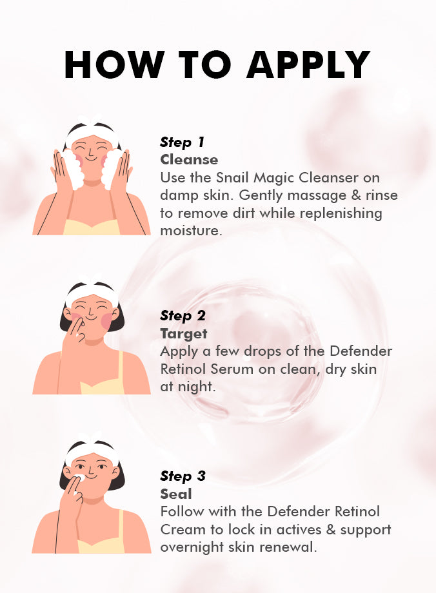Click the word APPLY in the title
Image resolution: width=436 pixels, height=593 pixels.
pyautogui.click(x=308, y=64)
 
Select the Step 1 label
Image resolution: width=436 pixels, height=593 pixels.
pyautogui.click(x=182, y=142)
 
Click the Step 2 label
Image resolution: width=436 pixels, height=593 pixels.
pyautogui.click(x=183, y=316)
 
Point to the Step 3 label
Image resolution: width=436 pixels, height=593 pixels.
pyautogui.click(x=183, y=476)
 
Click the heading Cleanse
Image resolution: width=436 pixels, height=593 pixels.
pyautogui.click(x=189, y=160)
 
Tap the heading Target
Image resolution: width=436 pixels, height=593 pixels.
pyautogui.click(x=184, y=334)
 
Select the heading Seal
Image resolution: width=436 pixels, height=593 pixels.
pyautogui.click(x=176, y=494)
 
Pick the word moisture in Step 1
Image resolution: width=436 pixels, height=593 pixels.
pyautogui.click(x=191, y=230)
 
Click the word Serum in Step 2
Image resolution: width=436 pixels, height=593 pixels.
pyautogui.click(x=232, y=369)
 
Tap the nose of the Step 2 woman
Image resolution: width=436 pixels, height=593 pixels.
pyautogui.click(x=90, y=313)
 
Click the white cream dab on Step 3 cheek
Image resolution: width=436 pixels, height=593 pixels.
pyautogui.click(x=80, y=478)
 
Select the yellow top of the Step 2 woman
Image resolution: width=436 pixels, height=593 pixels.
pyautogui.click(x=101, y=382)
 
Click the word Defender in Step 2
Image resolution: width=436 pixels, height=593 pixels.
pyautogui.click(x=361, y=351)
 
